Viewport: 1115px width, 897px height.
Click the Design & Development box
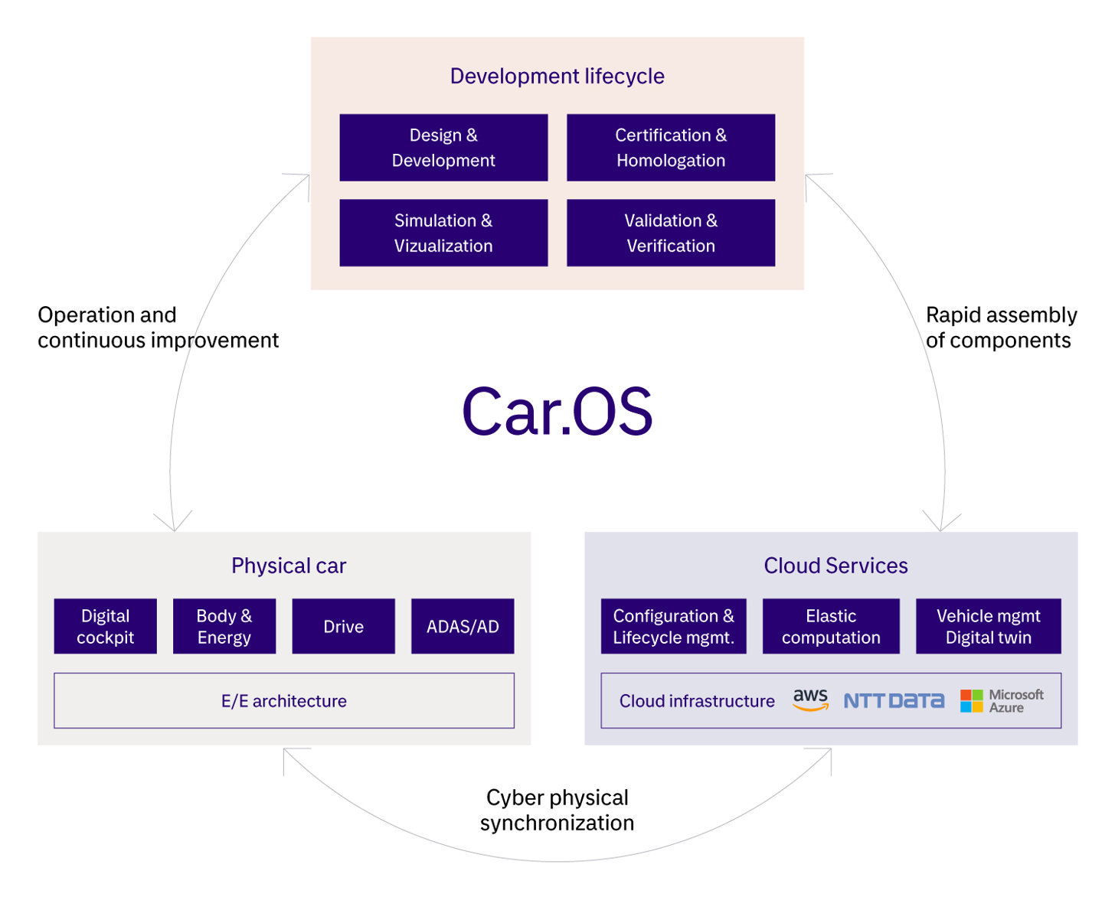point(443,148)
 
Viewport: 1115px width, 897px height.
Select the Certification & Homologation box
point(670,148)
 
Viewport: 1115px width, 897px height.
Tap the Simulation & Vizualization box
point(443,233)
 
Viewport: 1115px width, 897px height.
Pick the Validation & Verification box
point(670,233)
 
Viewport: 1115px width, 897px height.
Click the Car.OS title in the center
point(557,412)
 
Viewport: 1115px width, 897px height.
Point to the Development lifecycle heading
point(557,76)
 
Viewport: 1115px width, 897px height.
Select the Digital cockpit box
point(106,626)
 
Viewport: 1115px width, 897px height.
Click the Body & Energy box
point(224,626)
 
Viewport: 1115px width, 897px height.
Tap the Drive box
point(343,626)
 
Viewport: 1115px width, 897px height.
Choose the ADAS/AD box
point(463,626)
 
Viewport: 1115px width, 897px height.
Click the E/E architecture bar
point(284,700)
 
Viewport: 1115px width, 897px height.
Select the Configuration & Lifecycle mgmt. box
point(673,626)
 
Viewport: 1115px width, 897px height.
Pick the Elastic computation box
point(831,626)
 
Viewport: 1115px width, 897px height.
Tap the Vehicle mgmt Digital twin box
point(988,626)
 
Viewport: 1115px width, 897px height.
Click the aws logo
point(810,699)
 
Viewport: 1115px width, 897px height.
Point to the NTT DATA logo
point(894,700)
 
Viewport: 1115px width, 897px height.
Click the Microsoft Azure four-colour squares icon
point(971,700)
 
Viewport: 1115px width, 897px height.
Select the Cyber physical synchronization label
point(557,810)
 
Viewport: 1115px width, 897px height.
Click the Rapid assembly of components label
point(1000,328)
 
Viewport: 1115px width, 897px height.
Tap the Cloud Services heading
point(835,566)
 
